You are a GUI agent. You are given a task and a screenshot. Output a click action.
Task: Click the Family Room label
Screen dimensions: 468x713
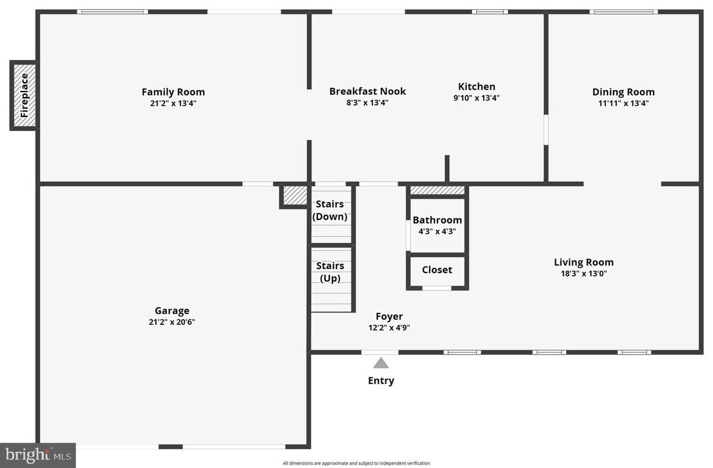[x=173, y=92]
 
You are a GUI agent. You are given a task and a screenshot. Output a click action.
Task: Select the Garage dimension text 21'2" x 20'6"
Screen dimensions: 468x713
[x=172, y=321]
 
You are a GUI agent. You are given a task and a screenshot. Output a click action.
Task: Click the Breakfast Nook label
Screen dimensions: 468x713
[x=367, y=91]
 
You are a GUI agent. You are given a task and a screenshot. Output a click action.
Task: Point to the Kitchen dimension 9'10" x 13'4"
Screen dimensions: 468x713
[x=476, y=98]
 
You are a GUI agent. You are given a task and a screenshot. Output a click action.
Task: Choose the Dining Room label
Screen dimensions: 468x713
[x=623, y=92]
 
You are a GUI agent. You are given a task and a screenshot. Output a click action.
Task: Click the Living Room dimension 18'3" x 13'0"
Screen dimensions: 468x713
[x=583, y=273]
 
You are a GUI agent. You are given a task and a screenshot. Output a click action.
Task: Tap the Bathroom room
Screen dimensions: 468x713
[x=437, y=225]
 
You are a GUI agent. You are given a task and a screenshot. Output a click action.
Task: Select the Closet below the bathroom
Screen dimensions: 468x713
[x=437, y=270]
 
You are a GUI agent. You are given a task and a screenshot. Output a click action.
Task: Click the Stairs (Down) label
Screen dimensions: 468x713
[x=330, y=211]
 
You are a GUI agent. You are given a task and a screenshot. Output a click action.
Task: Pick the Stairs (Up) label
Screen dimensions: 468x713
[x=330, y=272]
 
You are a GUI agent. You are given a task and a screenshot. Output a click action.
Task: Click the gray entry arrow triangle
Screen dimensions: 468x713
[x=381, y=363]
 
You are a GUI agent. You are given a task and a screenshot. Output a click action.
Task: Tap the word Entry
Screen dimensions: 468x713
[x=381, y=381]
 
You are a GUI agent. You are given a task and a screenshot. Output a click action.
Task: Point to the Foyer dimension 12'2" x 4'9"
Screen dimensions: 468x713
[x=389, y=327]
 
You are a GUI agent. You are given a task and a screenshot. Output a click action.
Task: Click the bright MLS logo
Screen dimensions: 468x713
[x=38, y=455]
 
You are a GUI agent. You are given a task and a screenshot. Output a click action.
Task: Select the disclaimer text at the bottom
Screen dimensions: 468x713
[x=356, y=463]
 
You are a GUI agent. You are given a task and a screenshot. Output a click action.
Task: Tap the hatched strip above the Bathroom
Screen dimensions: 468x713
[x=437, y=190]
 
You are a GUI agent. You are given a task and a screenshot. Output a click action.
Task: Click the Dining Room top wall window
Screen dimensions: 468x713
[x=623, y=12]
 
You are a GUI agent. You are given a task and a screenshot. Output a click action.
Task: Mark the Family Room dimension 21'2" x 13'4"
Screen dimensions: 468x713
[x=173, y=103]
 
